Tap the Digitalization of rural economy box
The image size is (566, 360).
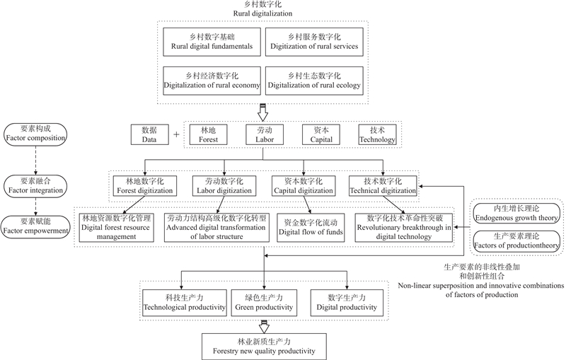(x=212, y=81)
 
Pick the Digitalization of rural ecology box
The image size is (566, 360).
(x=314, y=81)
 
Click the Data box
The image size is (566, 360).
(x=149, y=135)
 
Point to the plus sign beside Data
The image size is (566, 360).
(x=176, y=135)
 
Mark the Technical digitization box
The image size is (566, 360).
(x=383, y=185)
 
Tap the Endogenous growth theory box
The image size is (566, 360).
(x=517, y=214)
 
